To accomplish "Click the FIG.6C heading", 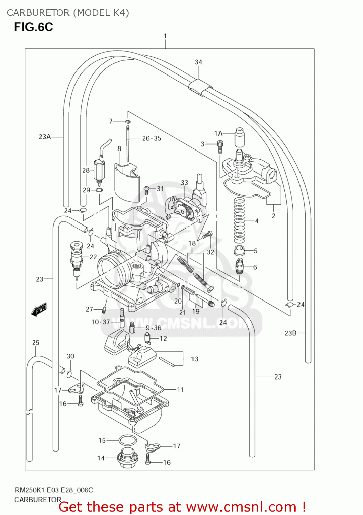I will (x=33, y=27).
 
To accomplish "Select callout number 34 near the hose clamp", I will (x=198, y=62).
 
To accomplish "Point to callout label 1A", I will (x=218, y=133).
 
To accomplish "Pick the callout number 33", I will (x=184, y=183).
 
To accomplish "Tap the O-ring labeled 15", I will (x=127, y=440).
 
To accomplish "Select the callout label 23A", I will (x=45, y=137).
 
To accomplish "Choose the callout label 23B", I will (x=290, y=333).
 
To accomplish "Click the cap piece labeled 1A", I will (x=239, y=137).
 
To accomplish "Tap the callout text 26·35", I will (x=151, y=138).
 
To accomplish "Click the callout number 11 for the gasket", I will (x=180, y=390).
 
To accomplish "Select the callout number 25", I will (x=36, y=343).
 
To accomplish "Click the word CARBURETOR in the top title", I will (x=38, y=13).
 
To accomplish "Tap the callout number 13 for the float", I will (x=194, y=359).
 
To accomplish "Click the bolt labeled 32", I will (x=207, y=236).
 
